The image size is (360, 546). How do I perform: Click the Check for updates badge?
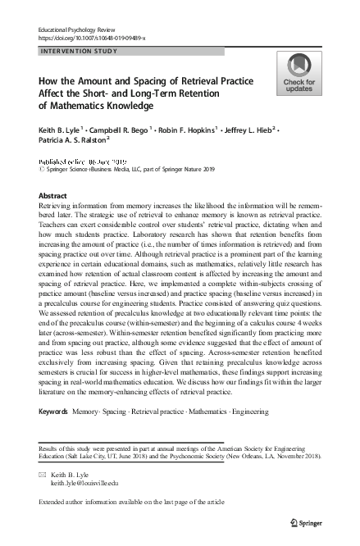point(299,74)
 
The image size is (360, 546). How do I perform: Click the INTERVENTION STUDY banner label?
point(79,51)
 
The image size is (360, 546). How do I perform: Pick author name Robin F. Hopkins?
point(200,130)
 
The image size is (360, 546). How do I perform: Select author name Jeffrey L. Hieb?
point(262,130)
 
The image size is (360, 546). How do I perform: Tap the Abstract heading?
point(54,195)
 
